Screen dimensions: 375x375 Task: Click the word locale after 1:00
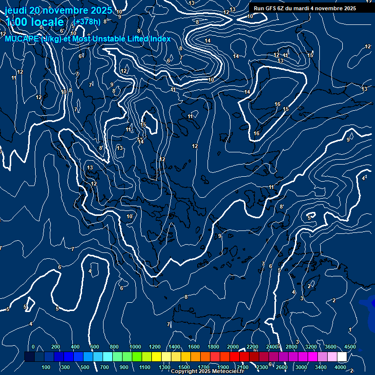coord(46,22)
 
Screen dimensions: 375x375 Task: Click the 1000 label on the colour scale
coord(135,347)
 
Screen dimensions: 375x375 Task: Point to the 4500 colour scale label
coord(350,347)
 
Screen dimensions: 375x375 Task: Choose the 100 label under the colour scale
coord(46,367)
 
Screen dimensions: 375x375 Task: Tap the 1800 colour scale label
coord(213,347)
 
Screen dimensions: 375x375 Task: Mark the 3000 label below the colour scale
coord(301,367)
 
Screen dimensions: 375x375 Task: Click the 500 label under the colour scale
coord(85,367)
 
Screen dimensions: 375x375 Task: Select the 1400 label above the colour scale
coord(174,347)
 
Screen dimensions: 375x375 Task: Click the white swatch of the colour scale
coord(342,357)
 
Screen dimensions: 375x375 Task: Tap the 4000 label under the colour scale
coord(340,367)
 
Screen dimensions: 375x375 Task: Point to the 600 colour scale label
coord(95,347)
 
